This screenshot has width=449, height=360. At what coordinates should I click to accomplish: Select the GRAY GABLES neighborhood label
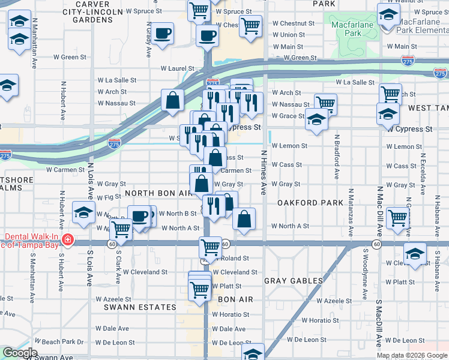coord(294,281)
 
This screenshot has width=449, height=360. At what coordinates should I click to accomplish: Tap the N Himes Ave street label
coord(263,173)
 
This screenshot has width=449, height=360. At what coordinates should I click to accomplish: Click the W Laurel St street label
coord(173,69)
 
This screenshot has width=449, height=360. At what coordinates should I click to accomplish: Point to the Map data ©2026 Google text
coord(411,355)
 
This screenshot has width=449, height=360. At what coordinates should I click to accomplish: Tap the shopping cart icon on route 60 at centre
coord(210,246)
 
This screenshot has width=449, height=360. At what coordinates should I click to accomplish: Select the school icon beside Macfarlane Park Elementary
coord(388,14)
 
